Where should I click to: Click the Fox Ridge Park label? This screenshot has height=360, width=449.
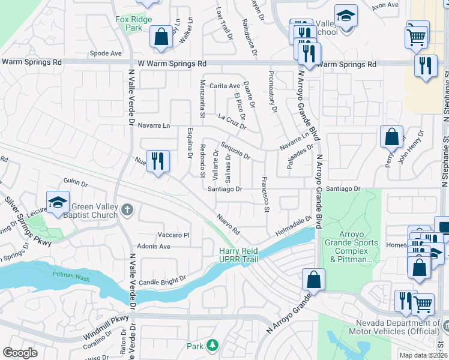(129, 23)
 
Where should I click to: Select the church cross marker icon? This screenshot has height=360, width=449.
(126, 209)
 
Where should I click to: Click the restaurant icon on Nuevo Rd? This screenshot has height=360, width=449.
(158, 161)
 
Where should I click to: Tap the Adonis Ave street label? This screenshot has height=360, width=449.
(154, 246)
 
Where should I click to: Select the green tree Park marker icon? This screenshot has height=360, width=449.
(212, 345)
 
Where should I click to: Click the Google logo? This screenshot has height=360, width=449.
(20, 353)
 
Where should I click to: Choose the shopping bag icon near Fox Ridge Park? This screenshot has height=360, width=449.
(161, 37)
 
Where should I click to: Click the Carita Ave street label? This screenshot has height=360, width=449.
(226, 86)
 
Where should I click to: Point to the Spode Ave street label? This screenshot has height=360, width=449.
(106, 53)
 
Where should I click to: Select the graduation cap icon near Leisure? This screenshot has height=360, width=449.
(58, 202)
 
